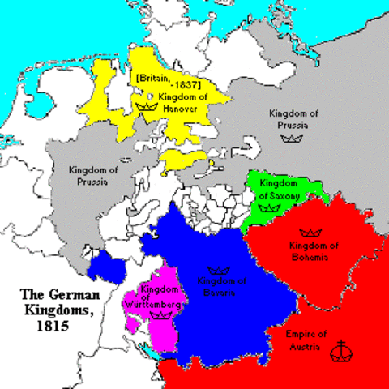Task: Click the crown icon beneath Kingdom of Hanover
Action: (147, 105)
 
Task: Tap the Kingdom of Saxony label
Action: (279, 189)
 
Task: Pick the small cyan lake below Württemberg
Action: (154, 350)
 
